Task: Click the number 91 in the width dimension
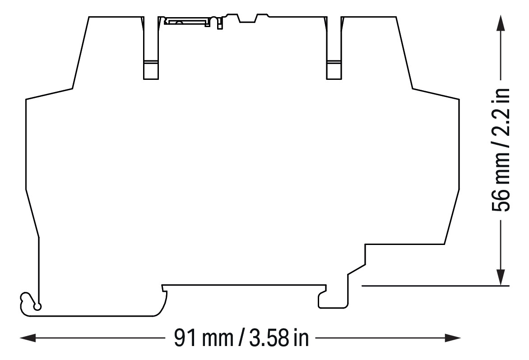click(185, 338)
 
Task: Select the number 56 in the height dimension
click(501, 201)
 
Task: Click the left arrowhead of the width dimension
click(28, 338)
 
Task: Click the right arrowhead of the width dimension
click(453, 338)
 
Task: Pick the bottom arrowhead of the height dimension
click(502, 277)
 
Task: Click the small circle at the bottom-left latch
click(38, 306)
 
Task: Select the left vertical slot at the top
click(151, 48)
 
